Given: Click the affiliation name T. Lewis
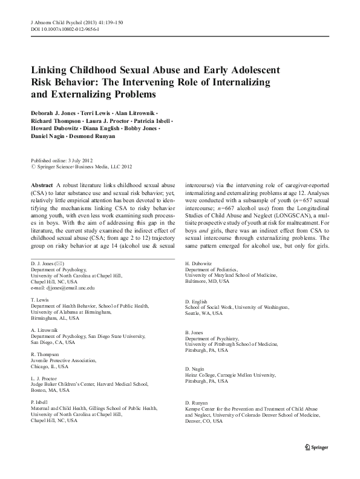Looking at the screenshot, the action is (x=39, y=300).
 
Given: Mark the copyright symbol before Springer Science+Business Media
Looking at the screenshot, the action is (x=32, y=167).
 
